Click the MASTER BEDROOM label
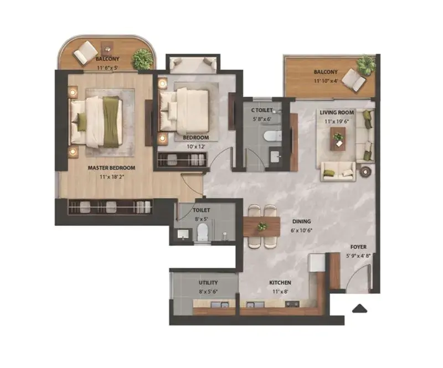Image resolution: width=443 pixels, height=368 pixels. coord(111,168)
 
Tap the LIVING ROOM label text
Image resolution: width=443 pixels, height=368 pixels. coord(337,112)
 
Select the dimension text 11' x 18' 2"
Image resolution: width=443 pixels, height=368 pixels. coord(112,178)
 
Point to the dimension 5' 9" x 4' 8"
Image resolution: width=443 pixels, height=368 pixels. coord(358,256)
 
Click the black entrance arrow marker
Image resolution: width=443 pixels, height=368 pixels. coord(359,308)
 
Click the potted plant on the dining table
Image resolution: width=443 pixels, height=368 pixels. coord(262,226)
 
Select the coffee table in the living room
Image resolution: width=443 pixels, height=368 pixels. coord(338,139)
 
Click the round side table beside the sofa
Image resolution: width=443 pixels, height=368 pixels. coord(365,171)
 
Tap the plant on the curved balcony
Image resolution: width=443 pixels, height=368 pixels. coord(142,59)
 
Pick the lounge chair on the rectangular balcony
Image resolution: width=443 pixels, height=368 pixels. coord(353,80)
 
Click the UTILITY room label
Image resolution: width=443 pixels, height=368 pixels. coord(208,283)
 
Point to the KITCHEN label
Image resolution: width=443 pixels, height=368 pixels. coord(280,283)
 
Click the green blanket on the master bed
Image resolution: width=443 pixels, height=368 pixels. coord(111,122)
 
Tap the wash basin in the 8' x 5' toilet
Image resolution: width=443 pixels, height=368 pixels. coord(183,234)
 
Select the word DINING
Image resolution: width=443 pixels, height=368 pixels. coord(301,222)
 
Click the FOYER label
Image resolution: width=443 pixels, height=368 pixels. coord(358,247)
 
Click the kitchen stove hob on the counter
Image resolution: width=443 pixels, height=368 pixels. coord(292,304)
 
